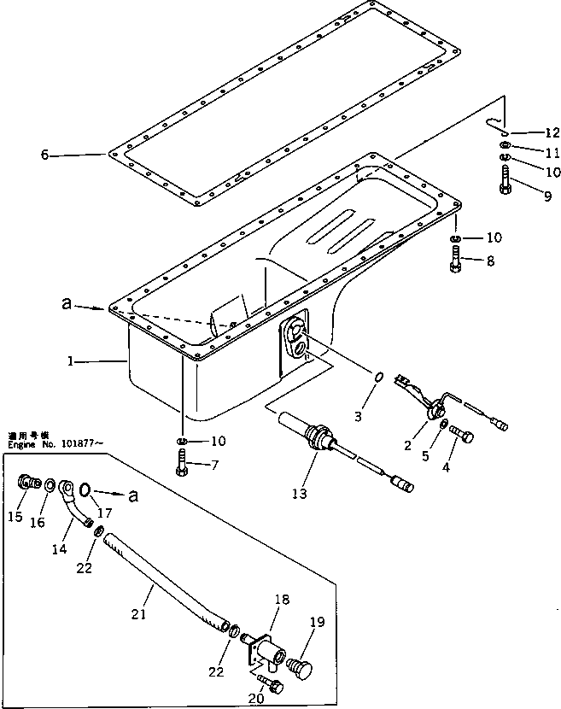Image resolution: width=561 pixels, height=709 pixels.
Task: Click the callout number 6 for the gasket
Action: click(x=44, y=155)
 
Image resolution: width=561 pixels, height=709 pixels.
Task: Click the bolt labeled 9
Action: click(x=502, y=182)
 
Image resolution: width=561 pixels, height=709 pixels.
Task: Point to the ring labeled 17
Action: click(x=86, y=489)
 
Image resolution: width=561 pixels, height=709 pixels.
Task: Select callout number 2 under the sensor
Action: click(x=408, y=445)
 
